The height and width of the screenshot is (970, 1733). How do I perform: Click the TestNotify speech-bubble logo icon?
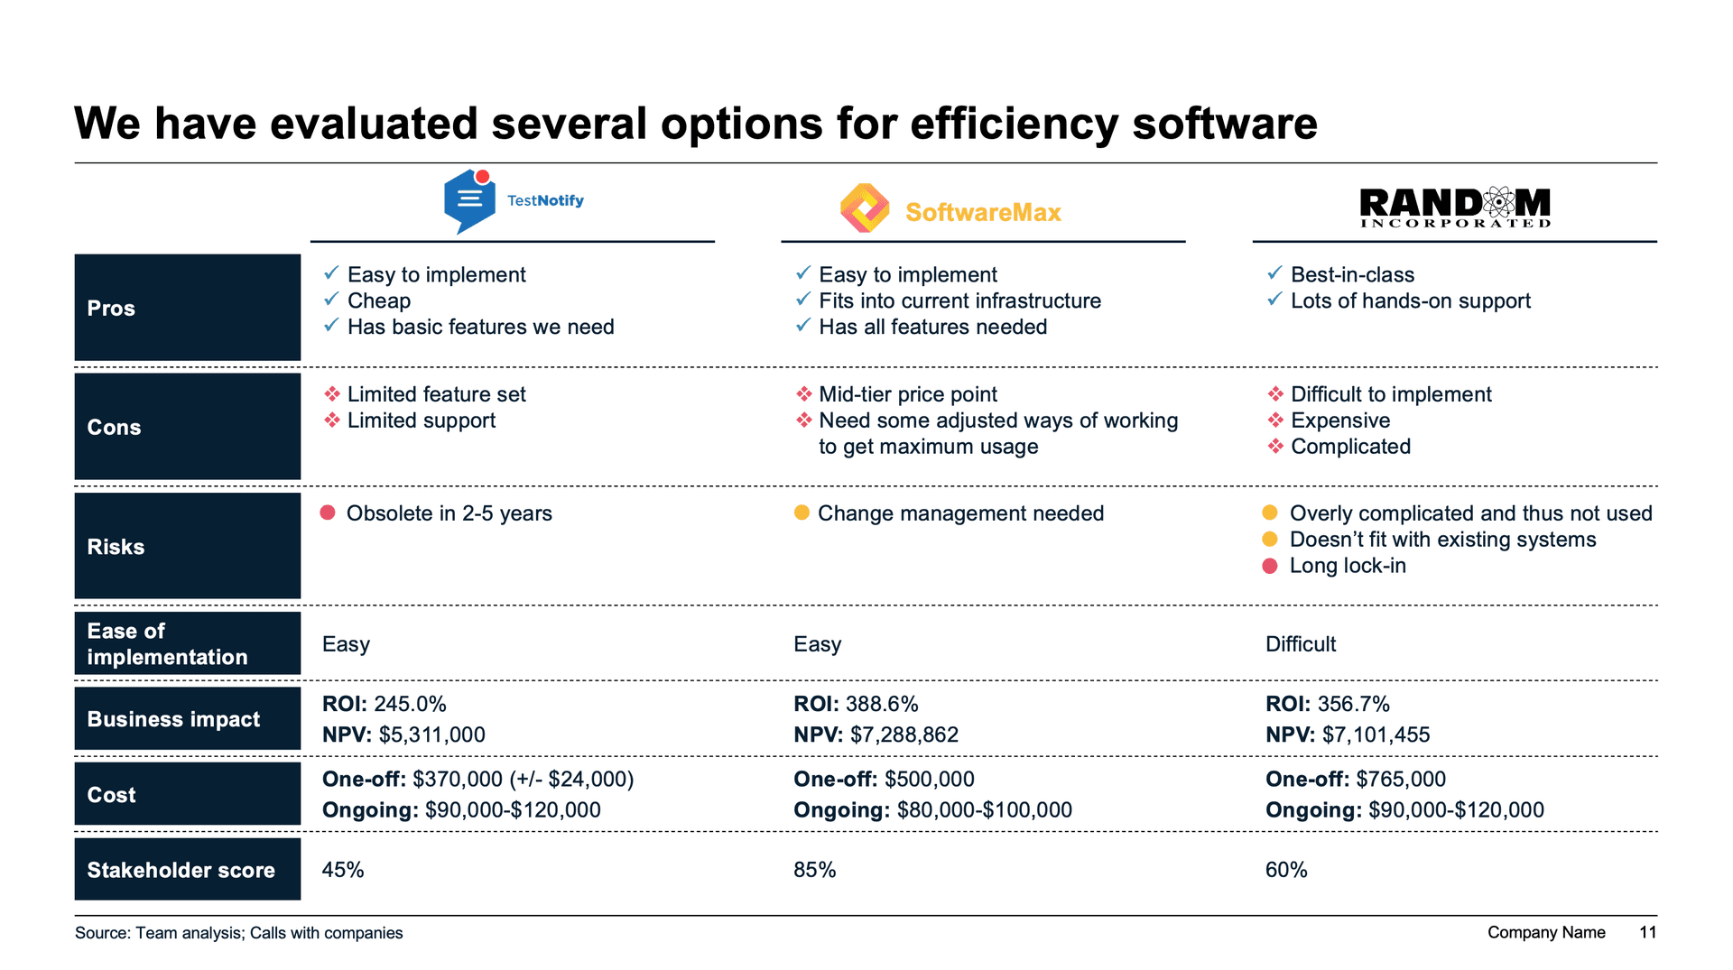(469, 201)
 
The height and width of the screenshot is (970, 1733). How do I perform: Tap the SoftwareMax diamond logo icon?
(865, 208)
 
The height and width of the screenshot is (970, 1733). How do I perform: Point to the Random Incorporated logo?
(1455, 208)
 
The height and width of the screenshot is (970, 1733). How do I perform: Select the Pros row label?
(111, 309)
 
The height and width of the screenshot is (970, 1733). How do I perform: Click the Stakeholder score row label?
(181, 870)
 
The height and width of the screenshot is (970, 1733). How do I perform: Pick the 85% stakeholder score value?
(815, 870)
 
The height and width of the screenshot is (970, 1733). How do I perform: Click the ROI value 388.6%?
(882, 704)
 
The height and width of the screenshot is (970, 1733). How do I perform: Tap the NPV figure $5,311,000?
(431, 734)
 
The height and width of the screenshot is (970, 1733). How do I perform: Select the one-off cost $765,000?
(1401, 779)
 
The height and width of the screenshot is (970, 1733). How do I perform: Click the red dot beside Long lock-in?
(1270, 566)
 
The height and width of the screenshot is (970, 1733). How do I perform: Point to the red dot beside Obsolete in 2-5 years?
(328, 513)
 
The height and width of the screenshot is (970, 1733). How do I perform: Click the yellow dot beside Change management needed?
(802, 513)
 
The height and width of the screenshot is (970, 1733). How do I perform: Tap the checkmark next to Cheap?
(331, 299)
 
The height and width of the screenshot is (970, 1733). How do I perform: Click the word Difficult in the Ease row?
(1300, 644)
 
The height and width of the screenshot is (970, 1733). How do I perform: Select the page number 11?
(1647, 932)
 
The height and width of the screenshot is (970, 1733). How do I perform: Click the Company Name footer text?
(1546, 932)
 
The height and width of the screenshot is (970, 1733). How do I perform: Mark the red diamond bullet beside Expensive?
(1275, 420)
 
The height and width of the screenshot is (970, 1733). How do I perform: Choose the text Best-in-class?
(1352, 274)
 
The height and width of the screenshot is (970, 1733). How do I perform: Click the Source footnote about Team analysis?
(239, 933)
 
